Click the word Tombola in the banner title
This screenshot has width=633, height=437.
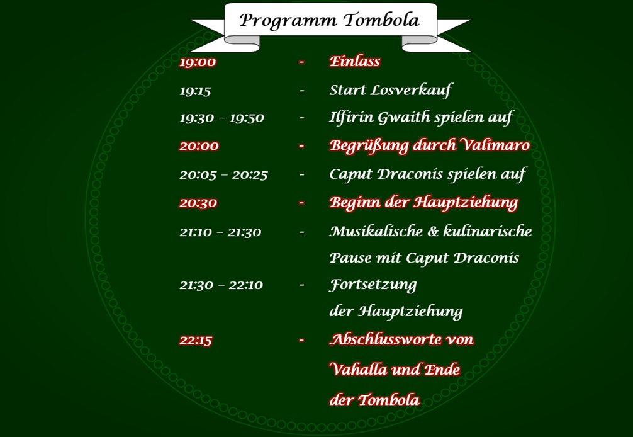click(382, 20)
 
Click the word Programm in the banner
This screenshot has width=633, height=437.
click(281, 21)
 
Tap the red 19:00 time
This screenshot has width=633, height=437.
click(198, 62)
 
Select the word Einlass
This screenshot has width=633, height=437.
click(355, 61)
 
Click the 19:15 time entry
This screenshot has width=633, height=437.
click(195, 91)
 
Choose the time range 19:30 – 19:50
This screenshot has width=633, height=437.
click(221, 118)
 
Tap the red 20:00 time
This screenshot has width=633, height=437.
click(199, 146)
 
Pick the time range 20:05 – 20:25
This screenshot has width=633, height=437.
click(223, 174)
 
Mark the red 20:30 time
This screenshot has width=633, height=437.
click(198, 203)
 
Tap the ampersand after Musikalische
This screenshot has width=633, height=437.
click(432, 231)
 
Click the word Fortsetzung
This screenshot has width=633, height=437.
click(373, 285)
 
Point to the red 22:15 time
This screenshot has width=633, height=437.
click(196, 341)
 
